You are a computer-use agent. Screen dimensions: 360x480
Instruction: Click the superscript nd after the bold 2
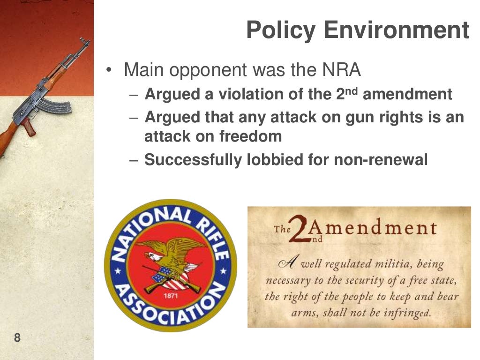(352, 90)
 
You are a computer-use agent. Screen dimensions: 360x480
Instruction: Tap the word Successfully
(193, 160)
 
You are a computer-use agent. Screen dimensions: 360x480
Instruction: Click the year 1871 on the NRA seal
(170, 296)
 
